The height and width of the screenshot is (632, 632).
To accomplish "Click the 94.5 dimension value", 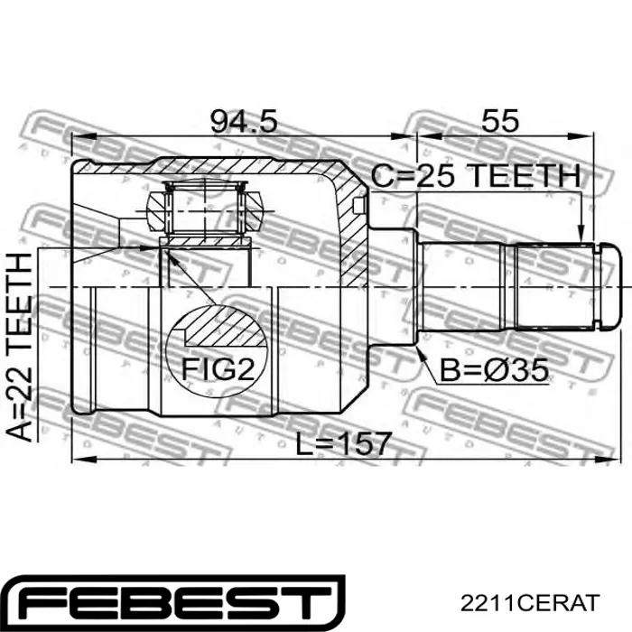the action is coord(244,121).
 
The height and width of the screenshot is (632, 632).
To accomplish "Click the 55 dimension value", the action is coord(500,120).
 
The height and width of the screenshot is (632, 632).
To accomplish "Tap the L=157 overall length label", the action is coord(343,443).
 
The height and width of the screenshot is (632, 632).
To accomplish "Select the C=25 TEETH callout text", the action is coord(476,176).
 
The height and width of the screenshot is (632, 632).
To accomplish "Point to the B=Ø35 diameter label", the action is coord(494,369).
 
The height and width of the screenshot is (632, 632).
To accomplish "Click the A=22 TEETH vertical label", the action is coord(19,347).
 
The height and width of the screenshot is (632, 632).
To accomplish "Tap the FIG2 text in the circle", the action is coord(218,369).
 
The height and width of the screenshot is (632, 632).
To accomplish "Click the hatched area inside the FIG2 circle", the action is coord(226,327).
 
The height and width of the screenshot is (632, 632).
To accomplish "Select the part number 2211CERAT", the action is coord(530,602).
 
